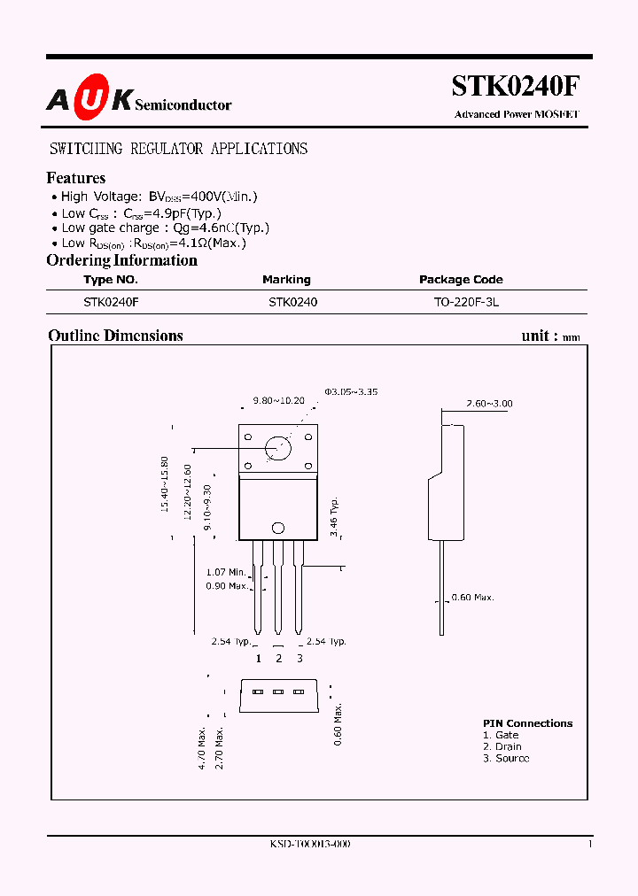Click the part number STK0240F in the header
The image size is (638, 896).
pyautogui.click(x=515, y=86)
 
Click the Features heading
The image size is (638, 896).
pyautogui.click(x=76, y=178)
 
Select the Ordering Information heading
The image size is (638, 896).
pyautogui.click(x=121, y=260)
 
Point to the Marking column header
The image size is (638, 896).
pyautogui.click(x=286, y=280)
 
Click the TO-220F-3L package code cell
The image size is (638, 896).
pyautogui.click(x=466, y=302)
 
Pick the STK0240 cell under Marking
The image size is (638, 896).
pyautogui.click(x=292, y=302)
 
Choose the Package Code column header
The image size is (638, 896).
pyautogui.click(x=461, y=280)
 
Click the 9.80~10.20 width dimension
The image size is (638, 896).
pyautogui.click(x=278, y=400)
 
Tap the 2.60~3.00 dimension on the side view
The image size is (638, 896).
pyautogui.click(x=489, y=404)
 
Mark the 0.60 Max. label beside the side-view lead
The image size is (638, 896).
pyautogui.click(x=472, y=598)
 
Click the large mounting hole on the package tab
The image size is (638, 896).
pyautogui.click(x=278, y=448)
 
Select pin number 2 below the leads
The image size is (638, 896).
pyautogui.click(x=278, y=658)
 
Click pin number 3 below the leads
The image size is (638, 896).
pyautogui.click(x=300, y=658)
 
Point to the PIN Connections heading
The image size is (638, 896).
pyautogui.click(x=527, y=723)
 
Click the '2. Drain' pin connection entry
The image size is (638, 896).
pyautogui.click(x=502, y=746)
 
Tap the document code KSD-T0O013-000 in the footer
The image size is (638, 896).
pyautogui.click(x=310, y=845)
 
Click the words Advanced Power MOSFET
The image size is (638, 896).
pyautogui.click(x=516, y=114)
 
